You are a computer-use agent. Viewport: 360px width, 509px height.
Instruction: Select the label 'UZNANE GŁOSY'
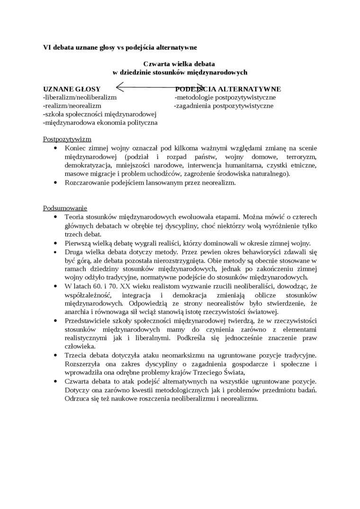[72, 89]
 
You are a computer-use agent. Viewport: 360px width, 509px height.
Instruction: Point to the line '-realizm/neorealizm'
[72, 106]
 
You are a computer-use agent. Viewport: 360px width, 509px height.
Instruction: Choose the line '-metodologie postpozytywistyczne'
[225, 98]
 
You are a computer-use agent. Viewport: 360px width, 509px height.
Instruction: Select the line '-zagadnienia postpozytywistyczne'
[224, 106]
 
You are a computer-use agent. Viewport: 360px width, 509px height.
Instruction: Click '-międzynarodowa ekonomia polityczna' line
[100, 123]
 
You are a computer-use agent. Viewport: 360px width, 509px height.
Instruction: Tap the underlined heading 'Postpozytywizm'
[67, 140]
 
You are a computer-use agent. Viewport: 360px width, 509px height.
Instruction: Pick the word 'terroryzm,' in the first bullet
[301, 157]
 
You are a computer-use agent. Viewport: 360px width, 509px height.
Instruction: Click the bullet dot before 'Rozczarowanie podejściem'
[56, 182]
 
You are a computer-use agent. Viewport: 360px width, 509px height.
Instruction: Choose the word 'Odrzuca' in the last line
[78, 399]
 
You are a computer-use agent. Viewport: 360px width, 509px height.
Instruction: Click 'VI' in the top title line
[47, 47]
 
